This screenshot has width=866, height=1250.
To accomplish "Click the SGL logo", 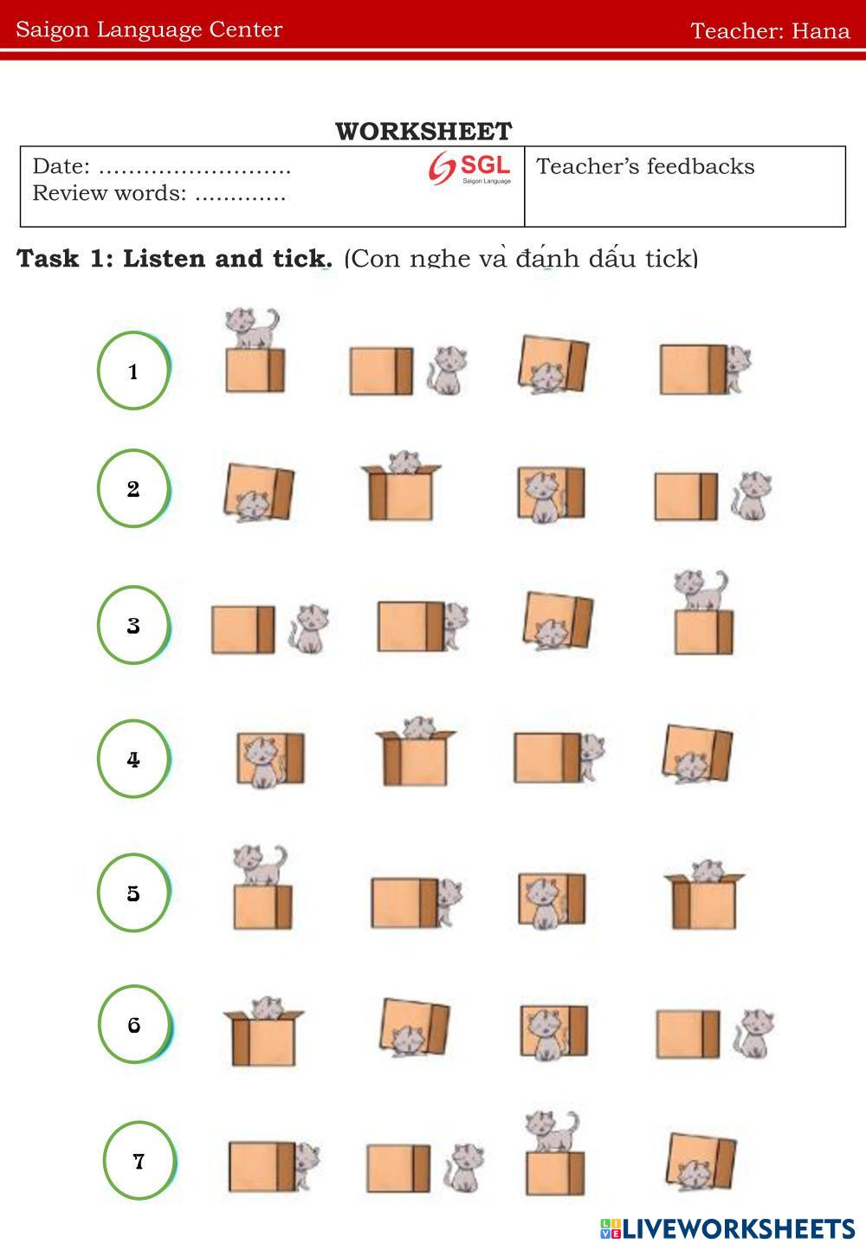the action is click(x=470, y=167).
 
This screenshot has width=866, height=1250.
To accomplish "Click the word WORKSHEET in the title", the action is click(x=423, y=132).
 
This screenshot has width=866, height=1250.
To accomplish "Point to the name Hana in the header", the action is click(x=821, y=30).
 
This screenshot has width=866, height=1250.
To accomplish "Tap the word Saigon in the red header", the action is click(x=53, y=29).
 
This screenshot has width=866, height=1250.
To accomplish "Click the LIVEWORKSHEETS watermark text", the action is click(x=738, y=1228).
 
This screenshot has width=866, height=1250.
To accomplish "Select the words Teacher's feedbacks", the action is click(x=645, y=166).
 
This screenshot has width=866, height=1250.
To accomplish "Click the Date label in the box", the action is click(x=61, y=166).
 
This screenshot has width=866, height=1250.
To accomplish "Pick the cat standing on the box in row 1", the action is click(x=252, y=327).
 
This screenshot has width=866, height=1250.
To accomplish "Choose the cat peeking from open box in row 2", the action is click(x=404, y=461).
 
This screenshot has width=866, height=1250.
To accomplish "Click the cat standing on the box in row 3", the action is click(x=701, y=590).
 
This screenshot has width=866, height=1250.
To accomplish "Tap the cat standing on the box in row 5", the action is click(x=260, y=865).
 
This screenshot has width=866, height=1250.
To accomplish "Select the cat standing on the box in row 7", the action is click(x=553, y=1131).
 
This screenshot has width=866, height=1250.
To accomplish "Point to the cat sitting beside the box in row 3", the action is click(x=309, y=629).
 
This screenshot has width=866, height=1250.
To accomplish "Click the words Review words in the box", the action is click(x=109, y=193).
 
